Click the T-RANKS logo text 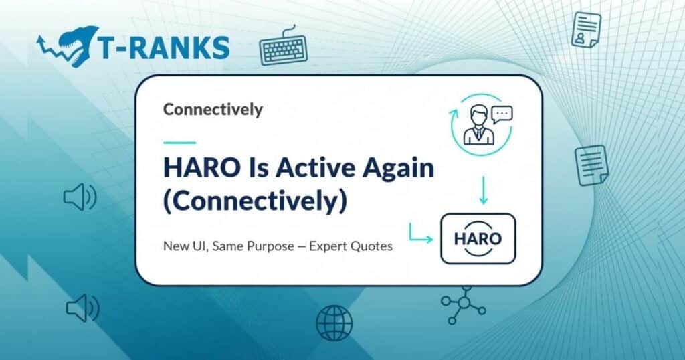tap(163, 47)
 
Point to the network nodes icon tap(463, 306)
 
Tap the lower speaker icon tap(82, 308)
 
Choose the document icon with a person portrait tap(585, 30)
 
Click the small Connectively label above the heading tap(213, 109)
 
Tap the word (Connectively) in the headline tap(255, 201)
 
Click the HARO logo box tap(478, 238)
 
